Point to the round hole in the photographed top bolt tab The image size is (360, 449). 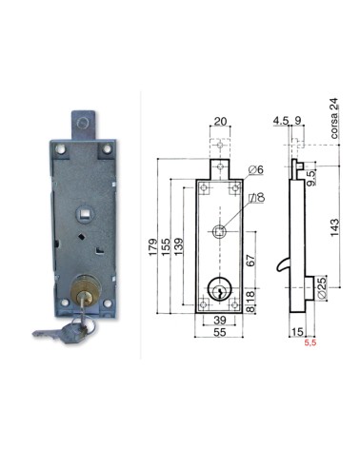[82, 125]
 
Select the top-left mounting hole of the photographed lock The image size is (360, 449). [60, 150]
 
